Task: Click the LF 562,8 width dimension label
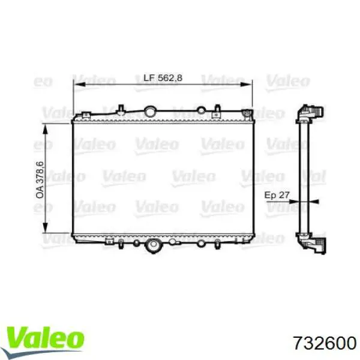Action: click(x=163, y=78)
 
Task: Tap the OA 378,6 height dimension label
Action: click(x=40, y=180)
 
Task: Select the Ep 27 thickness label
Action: click(x=277, y=195)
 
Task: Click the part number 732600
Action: click(x=325, y=343)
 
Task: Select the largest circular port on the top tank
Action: click(x=151, y=111)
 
